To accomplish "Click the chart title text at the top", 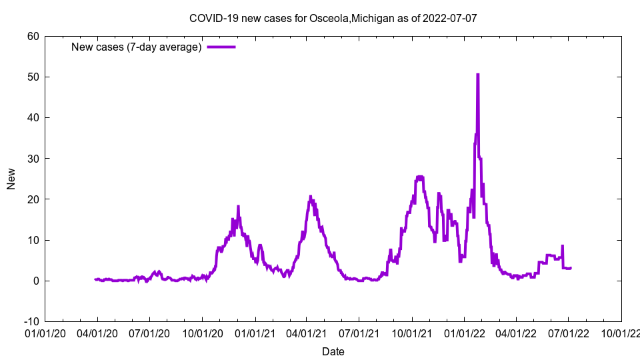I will tap(333, 18).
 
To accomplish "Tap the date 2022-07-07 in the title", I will tap(451, 18).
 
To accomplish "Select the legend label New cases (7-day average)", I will tap(137, 47).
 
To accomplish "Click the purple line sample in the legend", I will tap(221, 47).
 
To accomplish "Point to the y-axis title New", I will tap(11, 179).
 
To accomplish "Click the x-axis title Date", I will tap(333, 351).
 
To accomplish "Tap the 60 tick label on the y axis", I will tap(33, 36).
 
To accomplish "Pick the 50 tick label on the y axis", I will tap(33, 77).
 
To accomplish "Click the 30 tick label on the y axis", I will tap(33, 158).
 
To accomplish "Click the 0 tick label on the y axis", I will tap(35, 281).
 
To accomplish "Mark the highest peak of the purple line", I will tap(477, 74).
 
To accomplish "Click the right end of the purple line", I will tap(571, 267).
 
